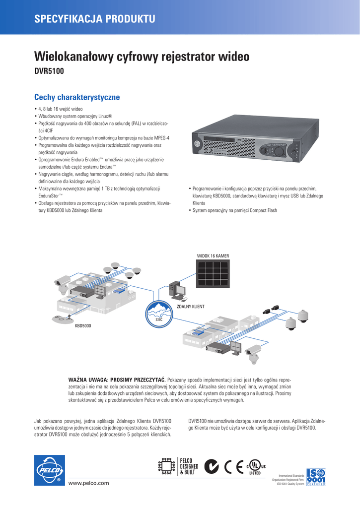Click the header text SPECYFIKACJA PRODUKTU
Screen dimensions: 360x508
point(94,19)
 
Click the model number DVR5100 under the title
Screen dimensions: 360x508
point(49,72)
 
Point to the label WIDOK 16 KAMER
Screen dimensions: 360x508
point(213,255)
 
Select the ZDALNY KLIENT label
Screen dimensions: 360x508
point(191,307)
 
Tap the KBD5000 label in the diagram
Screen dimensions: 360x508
point(83,326)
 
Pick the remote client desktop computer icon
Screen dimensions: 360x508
point(177,291)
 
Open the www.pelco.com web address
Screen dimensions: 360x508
point(89,483)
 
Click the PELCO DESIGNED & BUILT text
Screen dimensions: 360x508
point(189,466)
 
